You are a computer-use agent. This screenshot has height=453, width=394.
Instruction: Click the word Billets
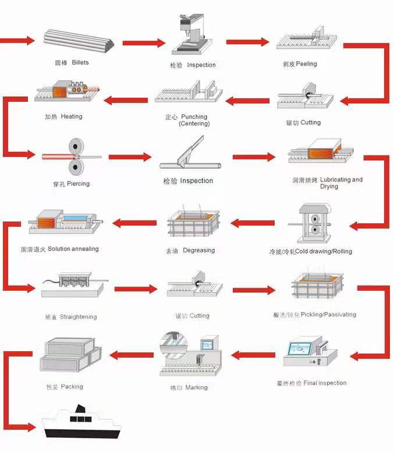click(80, 62)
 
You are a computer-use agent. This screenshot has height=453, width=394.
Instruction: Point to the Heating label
click(64, 116)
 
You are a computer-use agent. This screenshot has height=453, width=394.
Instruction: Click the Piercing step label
click(71, 184)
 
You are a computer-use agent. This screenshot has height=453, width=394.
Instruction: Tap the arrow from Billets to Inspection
click(144, 42)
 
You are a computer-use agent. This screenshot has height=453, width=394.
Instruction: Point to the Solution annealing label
click(60, 249)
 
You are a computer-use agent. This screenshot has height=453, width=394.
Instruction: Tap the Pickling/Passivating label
click(315, 315)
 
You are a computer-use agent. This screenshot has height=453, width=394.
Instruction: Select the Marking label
click(189, 387)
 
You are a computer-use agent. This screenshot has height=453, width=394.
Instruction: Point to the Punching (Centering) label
click(187, 120)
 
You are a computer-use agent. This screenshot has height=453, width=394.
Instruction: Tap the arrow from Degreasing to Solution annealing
click(134, 222)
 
